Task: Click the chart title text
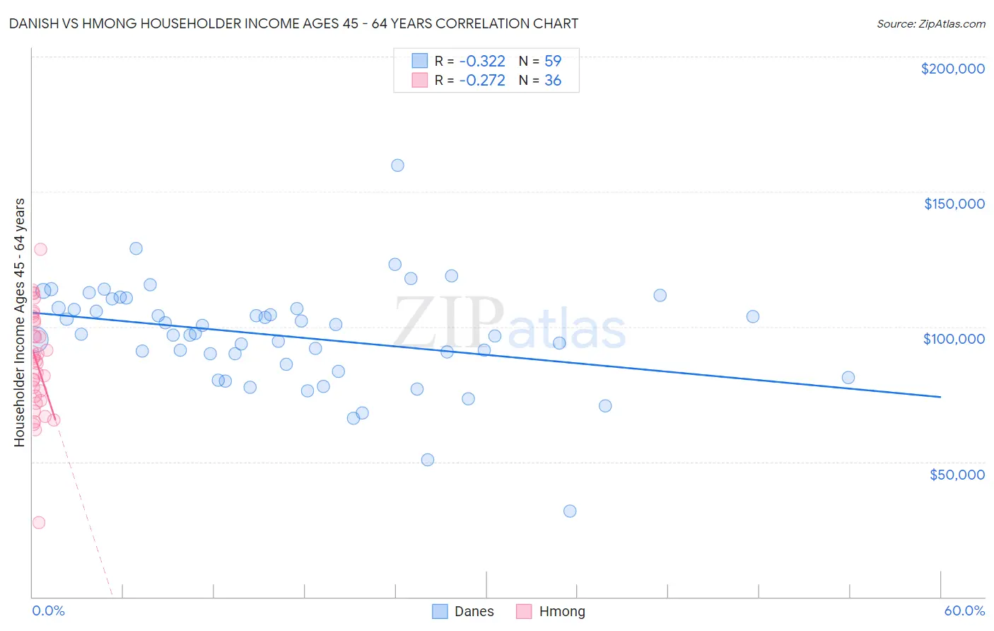pyautogui.click(x=293, y=24)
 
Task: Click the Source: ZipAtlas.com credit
pyautogui.click(x=930, y=24)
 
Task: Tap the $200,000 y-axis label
pyautogui.click(x=952, y=69)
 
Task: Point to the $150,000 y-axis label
pyautogui.click(x=954, y=204)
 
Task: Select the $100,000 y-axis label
pyautogui.click(x=954, y=339)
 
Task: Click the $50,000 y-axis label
pyautogui.click(x=957, y=474)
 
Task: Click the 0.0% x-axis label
pyautogui.click(x=48, y=610)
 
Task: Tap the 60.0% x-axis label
pyautogui.click(x=964, y=610)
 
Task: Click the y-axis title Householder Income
pyautogui.click(x=20, y=322)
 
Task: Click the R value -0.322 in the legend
pyautogui.click(x=482, y=62)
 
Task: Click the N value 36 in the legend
pyautogui.click(x=552, y=81)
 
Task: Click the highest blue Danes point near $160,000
pyautogui.click(x=397, y=166)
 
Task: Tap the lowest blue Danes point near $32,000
pyautogui.click(x=570, y=511)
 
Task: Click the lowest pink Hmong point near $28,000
pyautogui.click(x=39, y=522)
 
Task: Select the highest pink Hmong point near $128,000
pyautogui.click(x=40, y=249)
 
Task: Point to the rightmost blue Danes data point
pyautogui.click(x=848, y=378)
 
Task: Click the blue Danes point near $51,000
pyautogui.click(x=428, y=460)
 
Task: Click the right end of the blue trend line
pyautogui.click(x=940, y=397)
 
